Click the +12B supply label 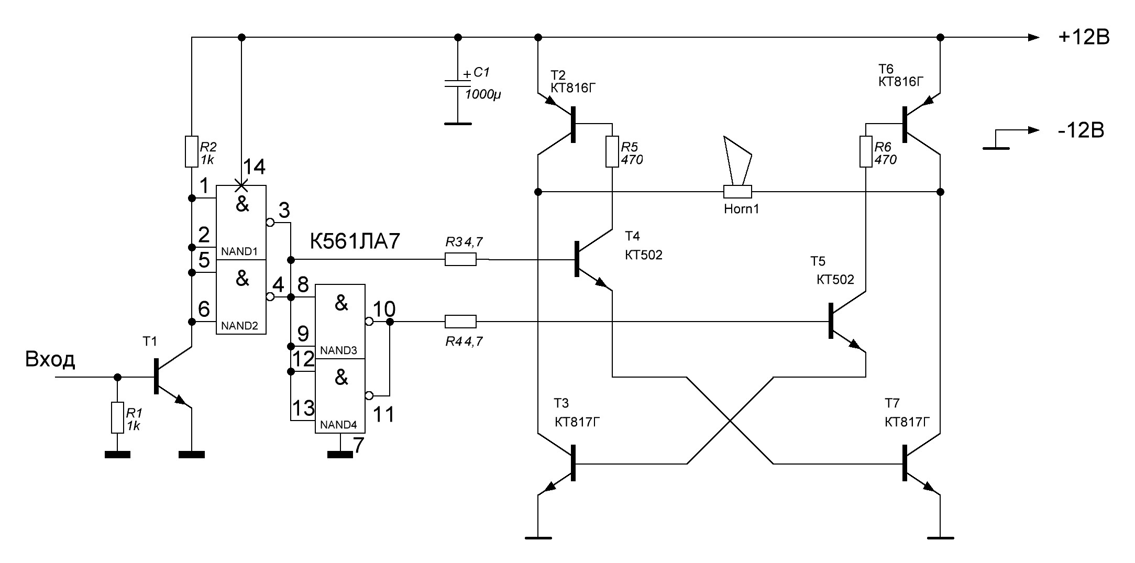coord(1083,38)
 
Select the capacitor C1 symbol coord(458,85)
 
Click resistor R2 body coord(192,152)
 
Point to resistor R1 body coord(117,417)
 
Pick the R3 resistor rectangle coord(460,259)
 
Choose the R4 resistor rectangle coord(460,321)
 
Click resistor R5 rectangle coord(612,152)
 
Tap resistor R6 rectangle coord(866,152)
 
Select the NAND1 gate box coord(241,223)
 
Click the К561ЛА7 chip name coord(355,242)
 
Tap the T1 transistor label coord(150,342)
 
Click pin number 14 coord(254,168)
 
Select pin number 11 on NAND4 coord(383,415)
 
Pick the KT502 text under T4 coord(644,255)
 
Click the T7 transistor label coord(892,403)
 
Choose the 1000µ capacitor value coord(483,95)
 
